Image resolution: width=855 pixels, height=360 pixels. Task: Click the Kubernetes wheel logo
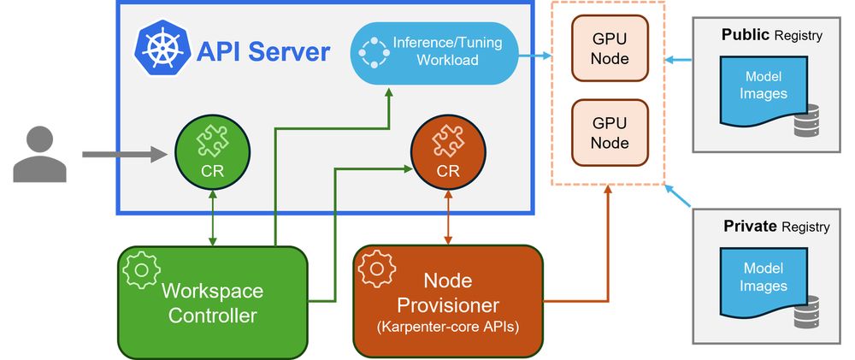pyautogui.click(x=159, y=52)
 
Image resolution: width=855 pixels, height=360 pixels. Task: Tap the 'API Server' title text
pyautogui.click(x=262, y=52)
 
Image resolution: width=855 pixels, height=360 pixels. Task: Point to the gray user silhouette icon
pyautogui.click(x=39, y=154)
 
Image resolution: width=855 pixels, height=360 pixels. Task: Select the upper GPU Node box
pyautogui.click(x=610, y=50)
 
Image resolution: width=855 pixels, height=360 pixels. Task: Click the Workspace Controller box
pyautogui.click(x=212, y=301)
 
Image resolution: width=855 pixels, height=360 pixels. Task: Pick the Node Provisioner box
pyautogui.click(x=448, y=301)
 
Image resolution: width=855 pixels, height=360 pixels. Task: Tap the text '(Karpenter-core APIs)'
pyautogui.click(x=448, y=327)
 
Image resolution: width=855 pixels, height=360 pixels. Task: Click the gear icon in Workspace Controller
pyautogui.click(x=141, y=269)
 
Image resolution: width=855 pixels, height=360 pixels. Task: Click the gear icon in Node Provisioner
pyautogui.click(x=376, y=269)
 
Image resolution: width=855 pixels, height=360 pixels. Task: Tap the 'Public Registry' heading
pyautogui.click(x=771, y=35)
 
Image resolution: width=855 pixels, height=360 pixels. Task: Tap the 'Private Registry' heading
pyautogui.click(x=776, y=227)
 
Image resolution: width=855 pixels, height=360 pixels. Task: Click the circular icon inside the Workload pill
pyautogui.click(x=373, y=52)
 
